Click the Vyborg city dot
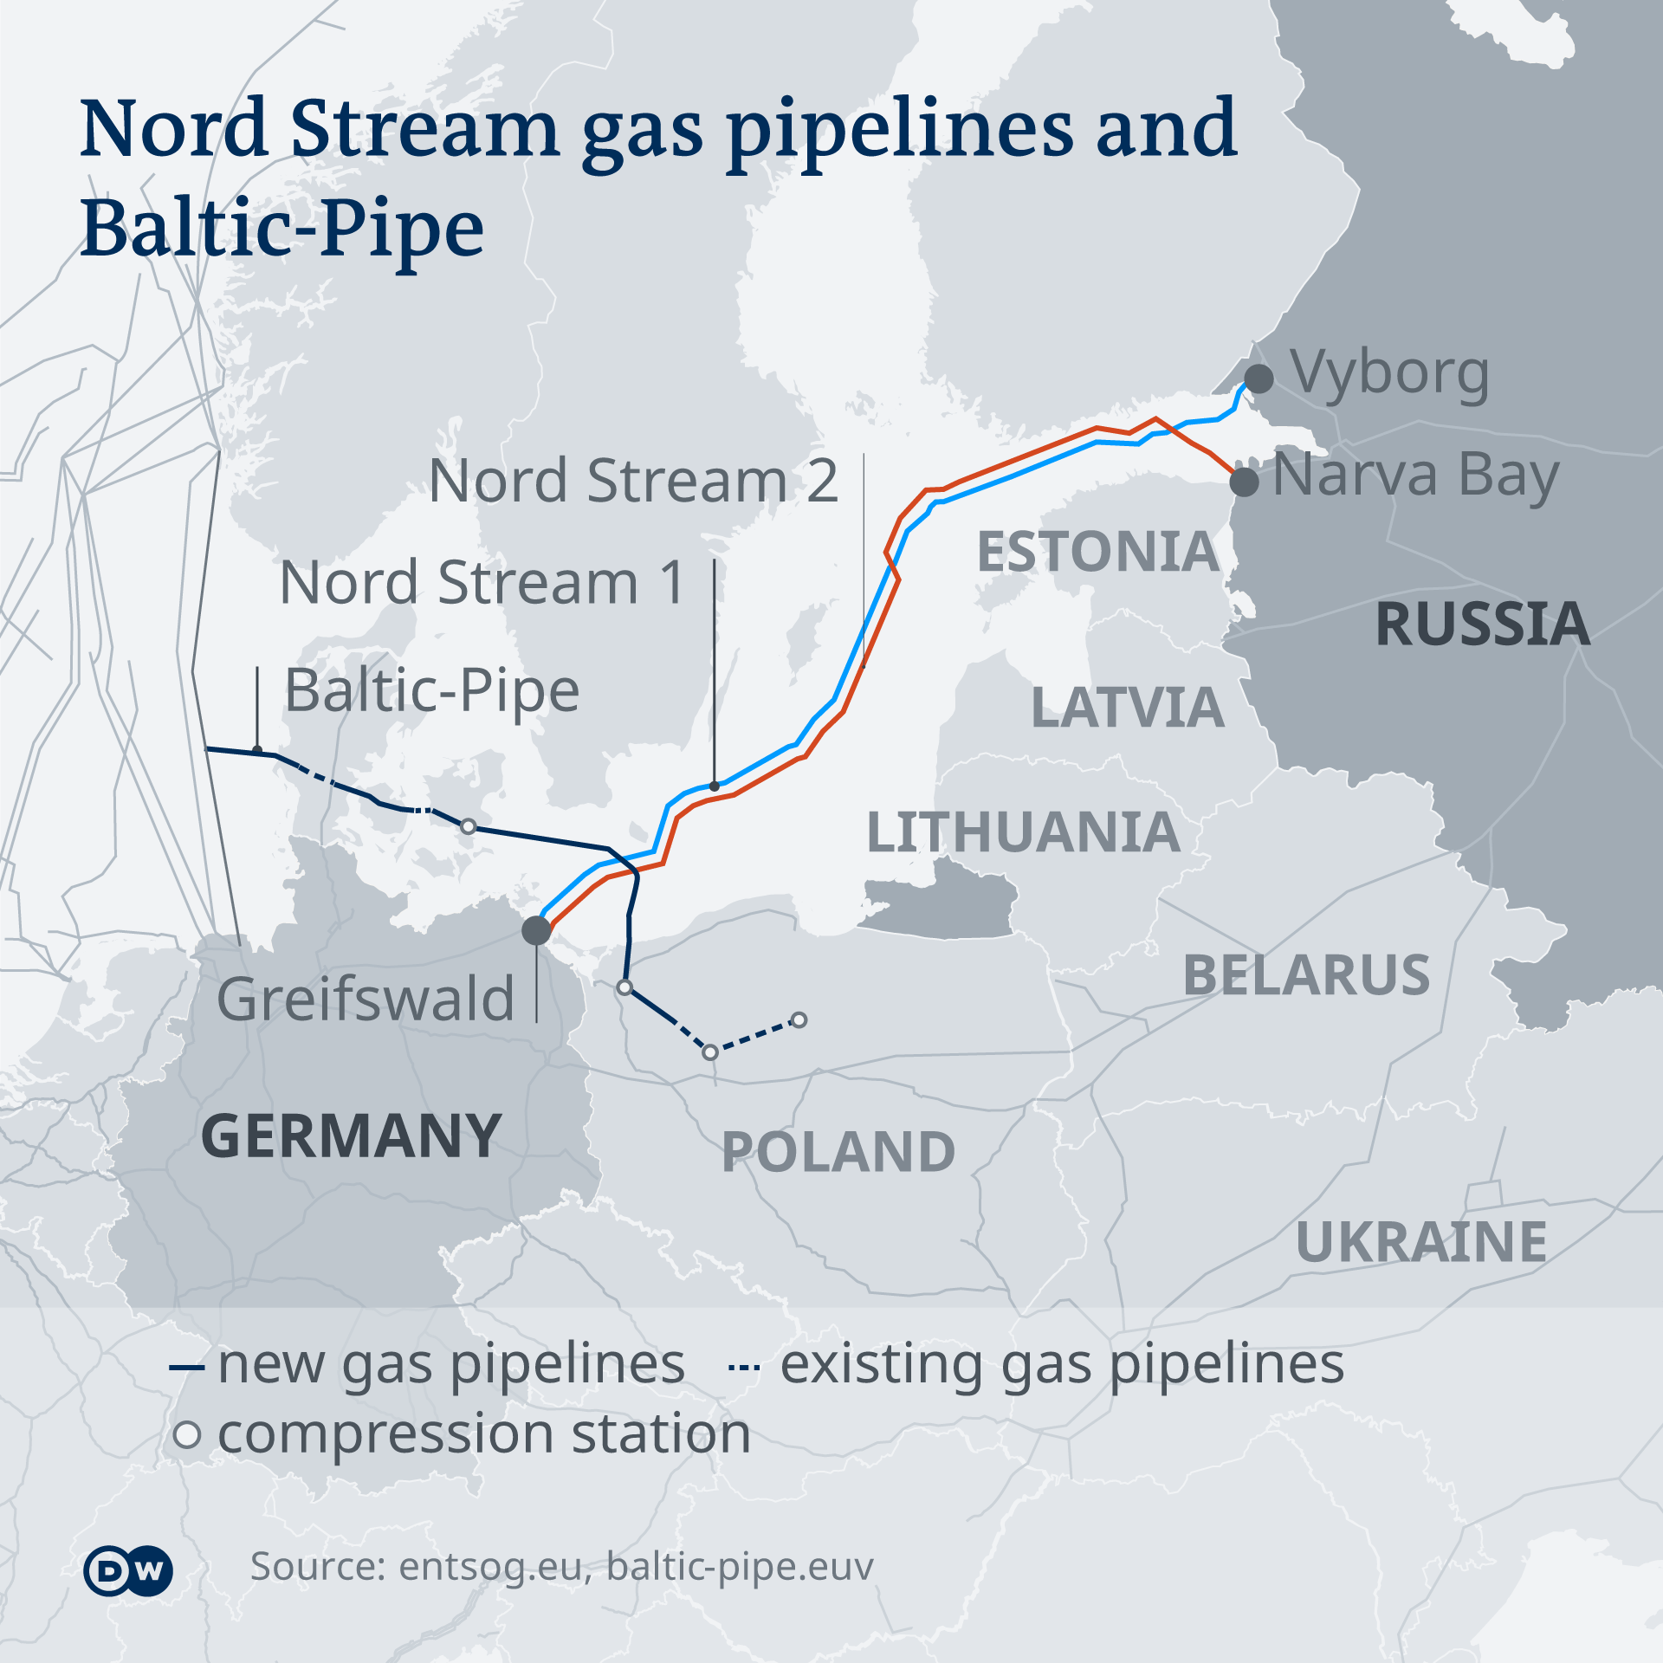tap(1259, 379)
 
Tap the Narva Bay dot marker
tap(1245, 481)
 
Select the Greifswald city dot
tap(536, 930)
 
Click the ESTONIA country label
tap(1097, 552)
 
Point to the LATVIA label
tap(1128, 708)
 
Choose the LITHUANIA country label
tap(1023, 832)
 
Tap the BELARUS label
tap(1306, 975)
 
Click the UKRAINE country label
tap(1421, 1242)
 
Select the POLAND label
tap(838, 1151)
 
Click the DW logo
tap(128, 1569)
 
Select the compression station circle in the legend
tap(187, 1434)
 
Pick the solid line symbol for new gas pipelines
tap(186, 1368)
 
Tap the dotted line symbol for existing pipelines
tap(744, 1368)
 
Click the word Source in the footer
tap(317, 1566)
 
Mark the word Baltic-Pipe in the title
tap(282, 227)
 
